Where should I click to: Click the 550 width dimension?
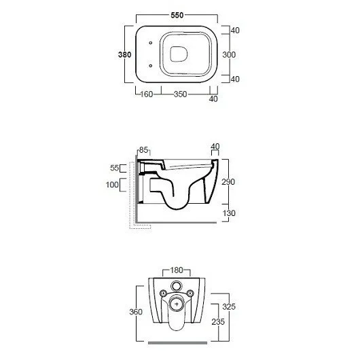click(177, 16)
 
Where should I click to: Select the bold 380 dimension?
click(125, 54)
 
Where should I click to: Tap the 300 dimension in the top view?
click(229, 54)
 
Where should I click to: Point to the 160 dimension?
click(146, 94)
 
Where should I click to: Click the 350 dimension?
click(180, 94)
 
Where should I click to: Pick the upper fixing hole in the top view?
click(151, 43)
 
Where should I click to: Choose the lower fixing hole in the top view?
click(151, 66)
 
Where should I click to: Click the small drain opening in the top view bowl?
click(179, 54)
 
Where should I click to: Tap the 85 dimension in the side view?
click(143, 150)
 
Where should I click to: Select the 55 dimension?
click(114, 168)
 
